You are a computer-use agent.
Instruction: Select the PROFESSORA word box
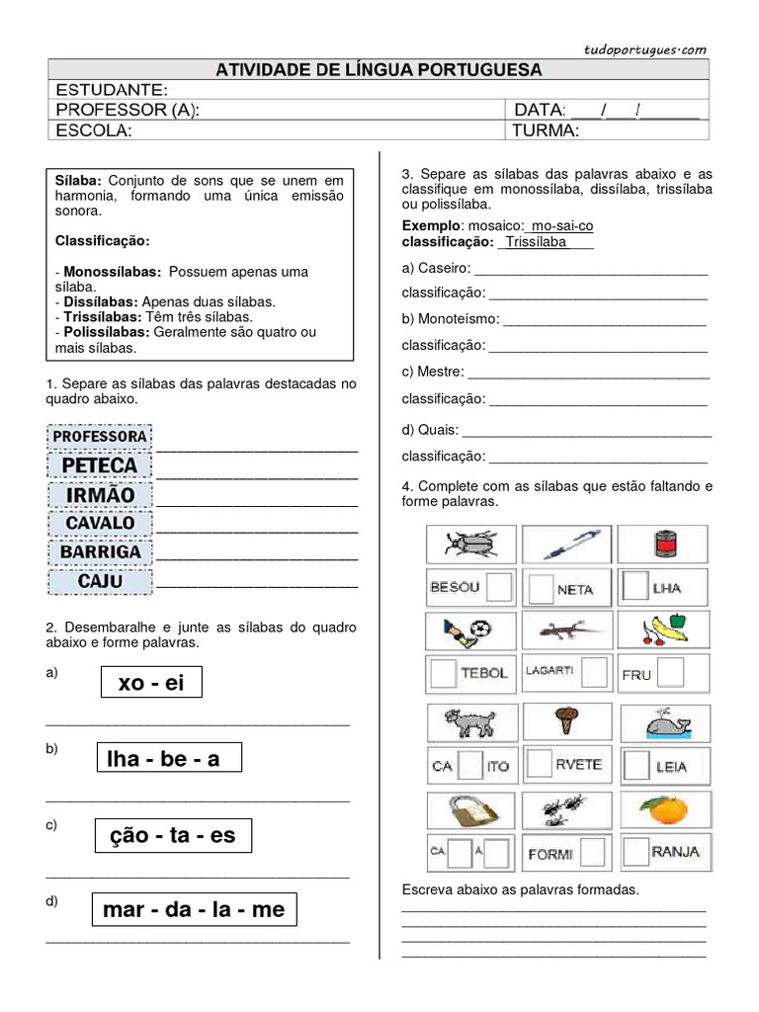click(100, 436)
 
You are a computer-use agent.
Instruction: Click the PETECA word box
click(100, 465)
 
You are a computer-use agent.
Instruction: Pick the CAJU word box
click(100, 581)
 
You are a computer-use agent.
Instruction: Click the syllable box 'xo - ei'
click(151, 682)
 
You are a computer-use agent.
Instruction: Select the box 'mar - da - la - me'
click(194, 909)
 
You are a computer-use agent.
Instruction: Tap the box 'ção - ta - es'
click(174, 835)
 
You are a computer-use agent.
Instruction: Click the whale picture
click(666, 723)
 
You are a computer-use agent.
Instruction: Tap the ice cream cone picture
click(566, 721)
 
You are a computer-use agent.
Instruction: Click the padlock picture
click(469, 810)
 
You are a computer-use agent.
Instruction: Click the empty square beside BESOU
click(500, 587)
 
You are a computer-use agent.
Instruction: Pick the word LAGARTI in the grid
click(550, 670)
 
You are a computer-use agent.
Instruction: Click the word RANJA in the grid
click(677, 851)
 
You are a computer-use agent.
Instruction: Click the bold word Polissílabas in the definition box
click(105, 333)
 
